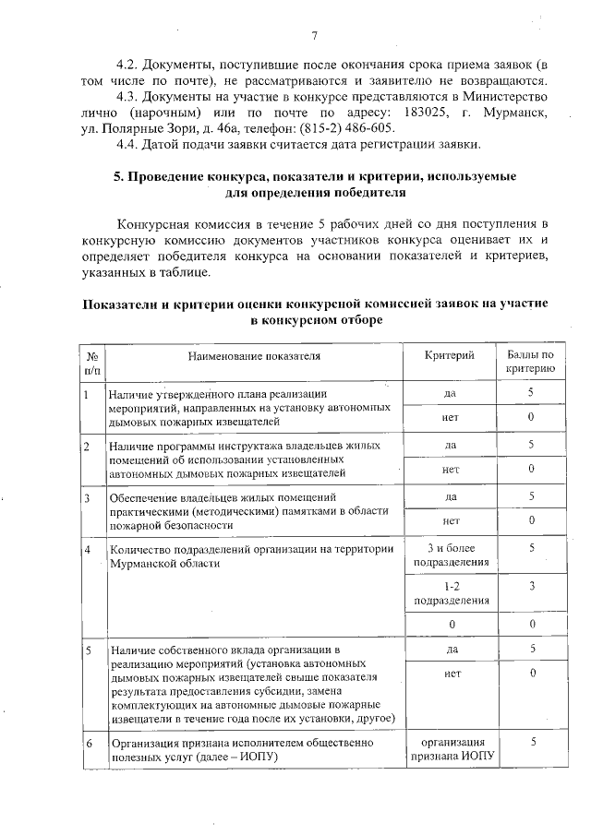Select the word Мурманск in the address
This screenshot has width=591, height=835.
coord(515,113)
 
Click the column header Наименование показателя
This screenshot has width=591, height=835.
coord(254,355)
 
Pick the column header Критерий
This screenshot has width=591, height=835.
coord(450,355)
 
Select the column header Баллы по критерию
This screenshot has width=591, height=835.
coord(530,362)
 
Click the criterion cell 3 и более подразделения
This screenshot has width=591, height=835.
coord(451,555)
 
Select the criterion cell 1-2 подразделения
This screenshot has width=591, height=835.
coord(451,593)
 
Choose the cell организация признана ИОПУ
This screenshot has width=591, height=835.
coord(452,749)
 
